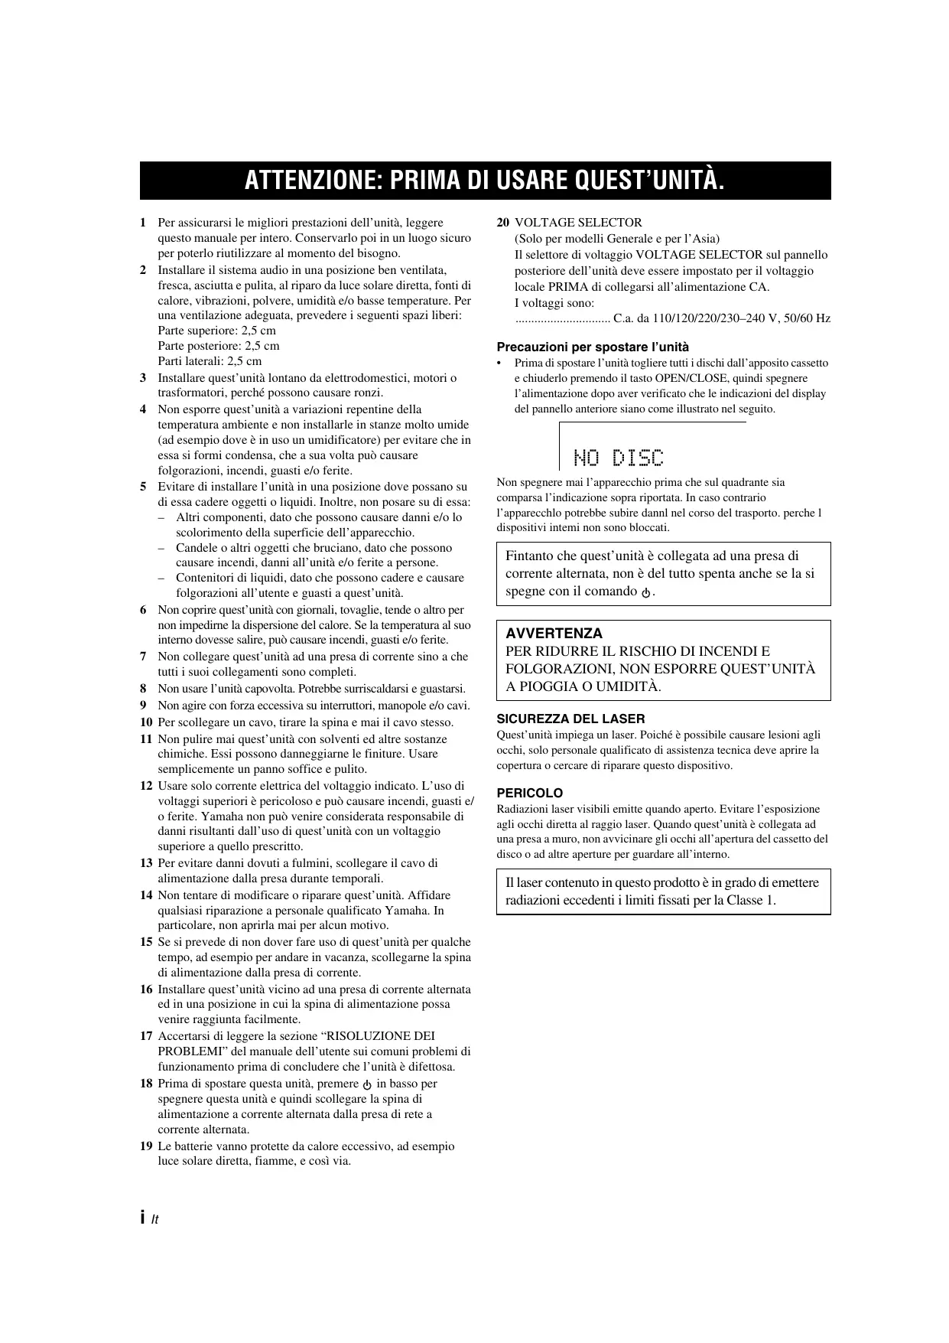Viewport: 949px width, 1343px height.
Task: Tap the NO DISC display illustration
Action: click(619, 458)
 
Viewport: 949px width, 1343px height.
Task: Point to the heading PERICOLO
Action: click(530, 793)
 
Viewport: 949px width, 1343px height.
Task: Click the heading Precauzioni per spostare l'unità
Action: click(593, 347)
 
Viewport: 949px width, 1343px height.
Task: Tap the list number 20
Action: click(502, 223)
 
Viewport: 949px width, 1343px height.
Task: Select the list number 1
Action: click(143, 223)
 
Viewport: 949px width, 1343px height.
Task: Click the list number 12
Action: click(146, 786)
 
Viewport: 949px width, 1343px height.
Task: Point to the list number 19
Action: click(146, 1146)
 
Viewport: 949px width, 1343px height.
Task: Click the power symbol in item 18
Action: click(368, 1084)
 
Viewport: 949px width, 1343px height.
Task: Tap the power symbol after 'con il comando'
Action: click(646, 592)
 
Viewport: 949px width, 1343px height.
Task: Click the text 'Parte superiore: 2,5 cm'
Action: click(216, 331)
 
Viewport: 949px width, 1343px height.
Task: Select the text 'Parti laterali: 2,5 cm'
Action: click(210, 361)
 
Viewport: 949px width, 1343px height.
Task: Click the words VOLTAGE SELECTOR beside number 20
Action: click(578, 223)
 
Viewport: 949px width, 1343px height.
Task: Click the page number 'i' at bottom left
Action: click(143, 1218)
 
